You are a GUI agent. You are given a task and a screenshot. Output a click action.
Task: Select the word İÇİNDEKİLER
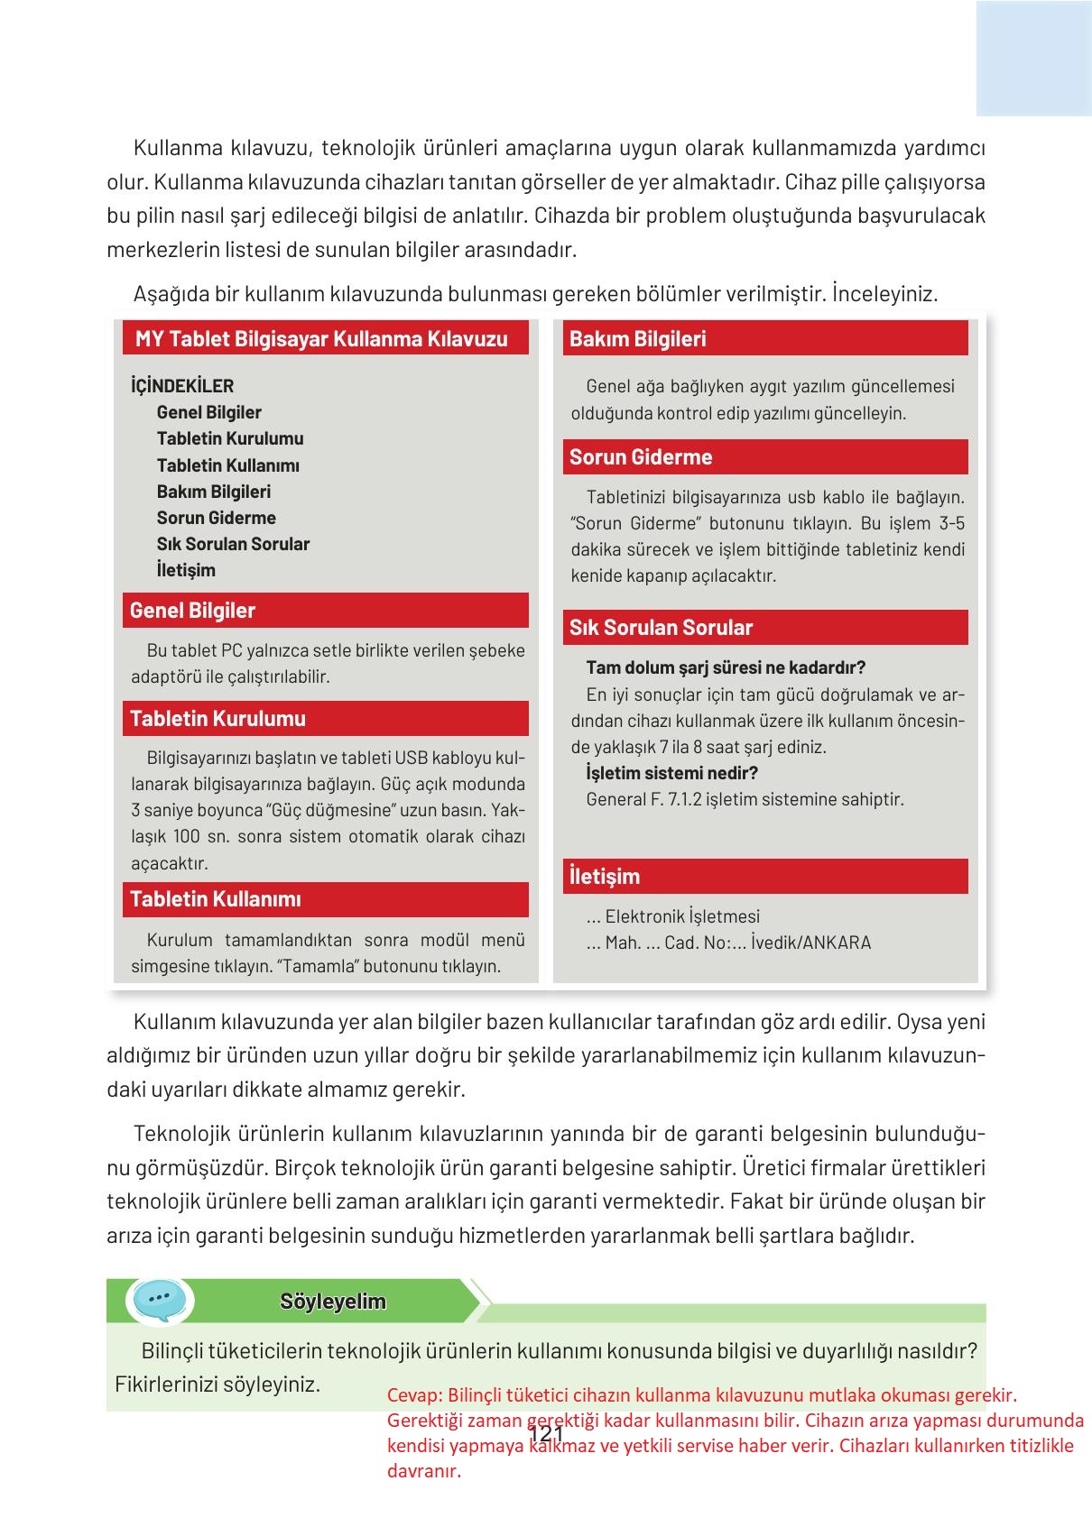point(182,386)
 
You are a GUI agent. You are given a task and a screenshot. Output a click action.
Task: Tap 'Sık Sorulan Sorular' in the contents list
point(233,544)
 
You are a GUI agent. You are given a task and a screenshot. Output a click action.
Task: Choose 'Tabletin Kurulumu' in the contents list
point(230,438)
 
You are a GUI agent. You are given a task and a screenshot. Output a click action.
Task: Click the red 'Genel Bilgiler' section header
point(325,611)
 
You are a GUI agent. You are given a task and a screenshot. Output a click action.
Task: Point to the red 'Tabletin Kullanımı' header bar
point(325,899)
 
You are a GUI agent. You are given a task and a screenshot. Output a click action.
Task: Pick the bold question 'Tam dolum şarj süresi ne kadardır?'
point(726,667)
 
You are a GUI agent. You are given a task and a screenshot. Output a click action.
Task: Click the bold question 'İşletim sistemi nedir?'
point(671,773)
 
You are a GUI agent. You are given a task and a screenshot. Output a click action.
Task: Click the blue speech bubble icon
point(161,1301)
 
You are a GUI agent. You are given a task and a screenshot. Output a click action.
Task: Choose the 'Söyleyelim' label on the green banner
point(333,1302)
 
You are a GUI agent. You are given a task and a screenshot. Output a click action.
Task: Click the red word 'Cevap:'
point(414,1395)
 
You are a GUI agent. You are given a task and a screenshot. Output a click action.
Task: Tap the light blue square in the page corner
point(1033,59)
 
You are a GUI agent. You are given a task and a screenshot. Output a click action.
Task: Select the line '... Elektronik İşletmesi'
point(672,916)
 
